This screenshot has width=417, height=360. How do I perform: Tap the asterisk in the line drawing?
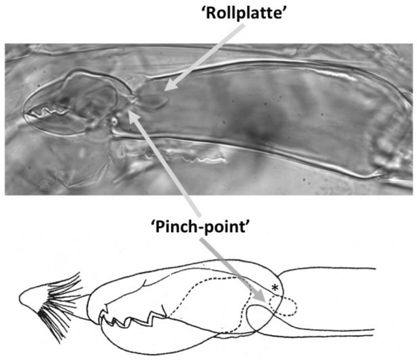[274, 287]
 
